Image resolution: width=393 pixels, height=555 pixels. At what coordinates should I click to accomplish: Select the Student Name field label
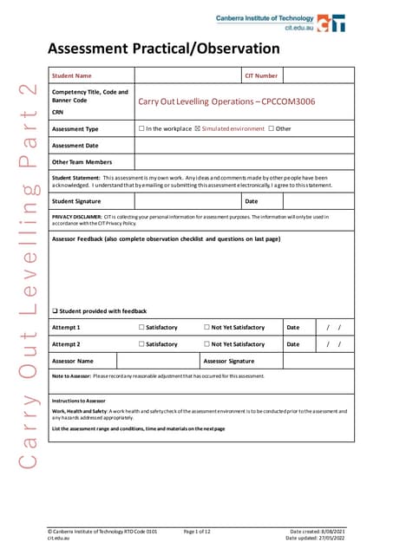[72, 75]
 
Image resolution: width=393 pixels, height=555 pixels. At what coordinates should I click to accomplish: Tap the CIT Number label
[261, 75]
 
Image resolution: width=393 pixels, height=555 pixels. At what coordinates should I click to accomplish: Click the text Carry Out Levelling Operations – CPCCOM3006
[226, 101]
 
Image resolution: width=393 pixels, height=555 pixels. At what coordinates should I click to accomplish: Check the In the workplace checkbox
[142, 128]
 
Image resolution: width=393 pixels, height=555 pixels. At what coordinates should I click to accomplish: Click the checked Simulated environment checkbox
[198, 128]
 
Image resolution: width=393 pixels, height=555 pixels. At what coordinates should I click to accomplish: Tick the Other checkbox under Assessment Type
[271, 128]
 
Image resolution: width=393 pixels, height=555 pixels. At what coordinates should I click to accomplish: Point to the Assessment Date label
[75, 145]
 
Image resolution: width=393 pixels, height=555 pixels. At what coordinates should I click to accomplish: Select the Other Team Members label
[82, 162]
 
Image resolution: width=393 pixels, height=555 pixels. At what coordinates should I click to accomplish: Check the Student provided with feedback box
[55, 310]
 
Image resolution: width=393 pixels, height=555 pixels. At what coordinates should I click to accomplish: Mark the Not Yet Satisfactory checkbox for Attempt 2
[206, 344]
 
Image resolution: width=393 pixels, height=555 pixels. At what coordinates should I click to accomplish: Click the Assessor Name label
[73, 360]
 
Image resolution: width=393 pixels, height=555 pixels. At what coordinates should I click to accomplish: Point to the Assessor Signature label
[229, 360]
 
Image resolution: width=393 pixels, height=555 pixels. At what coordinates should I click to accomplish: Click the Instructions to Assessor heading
[79, 401]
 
